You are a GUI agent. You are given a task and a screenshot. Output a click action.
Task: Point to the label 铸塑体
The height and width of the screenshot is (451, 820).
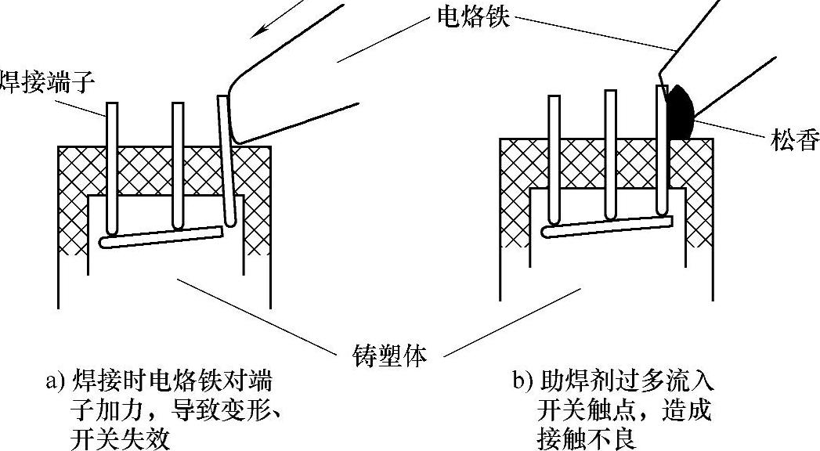click(386, 356)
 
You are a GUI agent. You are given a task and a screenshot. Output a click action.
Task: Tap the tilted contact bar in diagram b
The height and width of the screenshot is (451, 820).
click(608, 228)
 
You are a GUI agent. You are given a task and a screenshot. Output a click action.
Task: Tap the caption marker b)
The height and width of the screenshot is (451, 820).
click(522, 383)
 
